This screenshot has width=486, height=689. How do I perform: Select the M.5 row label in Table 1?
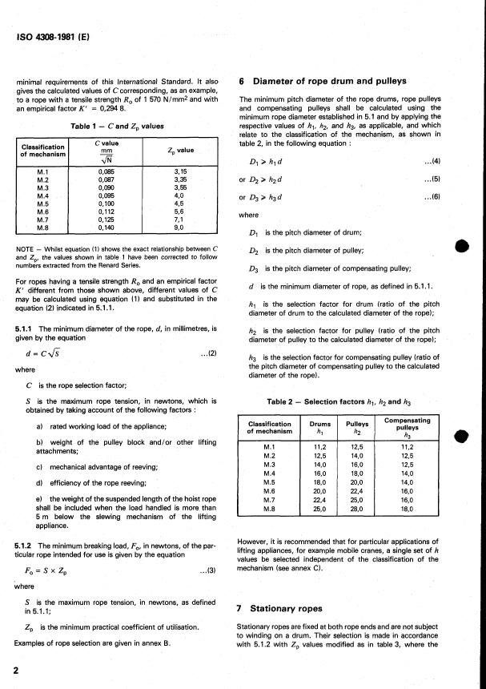(x=44, y=203)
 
